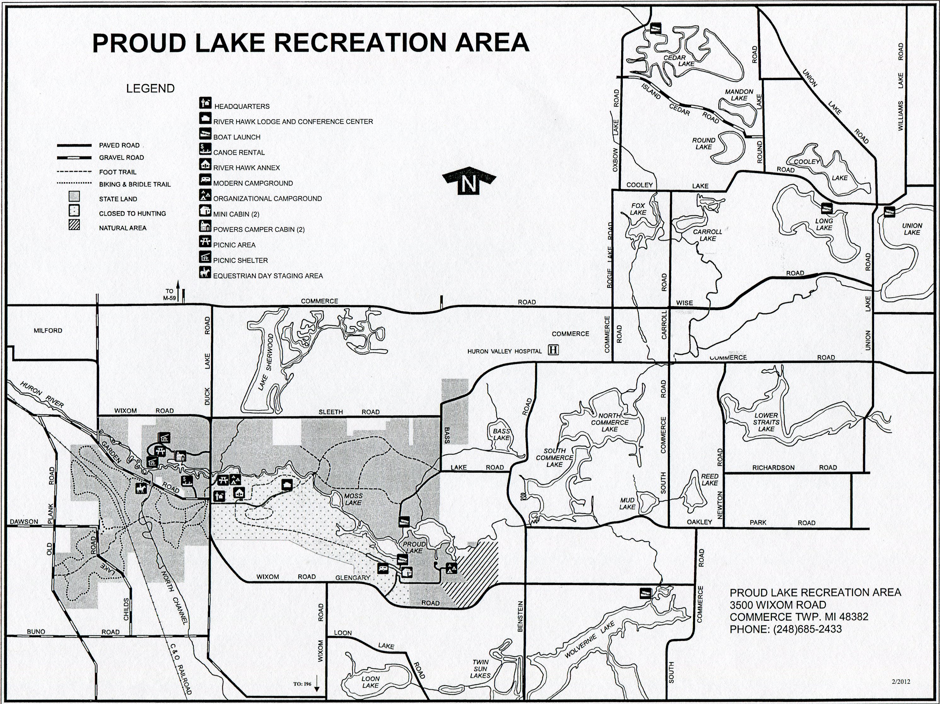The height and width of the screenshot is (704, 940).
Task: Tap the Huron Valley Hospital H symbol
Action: (553, 350)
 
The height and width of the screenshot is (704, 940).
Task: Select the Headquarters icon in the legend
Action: (205, 102)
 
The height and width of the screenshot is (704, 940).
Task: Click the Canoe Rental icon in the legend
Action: (205, 149)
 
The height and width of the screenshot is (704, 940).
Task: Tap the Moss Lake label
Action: (353, 499)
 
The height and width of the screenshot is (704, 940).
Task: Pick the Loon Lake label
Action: (370, 682)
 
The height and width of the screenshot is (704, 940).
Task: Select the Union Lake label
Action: (912, 229)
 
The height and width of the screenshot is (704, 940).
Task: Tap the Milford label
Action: (48, 330)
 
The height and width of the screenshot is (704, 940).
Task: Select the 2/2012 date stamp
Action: (901, 682)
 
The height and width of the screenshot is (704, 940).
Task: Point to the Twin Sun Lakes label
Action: (480, 669)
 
